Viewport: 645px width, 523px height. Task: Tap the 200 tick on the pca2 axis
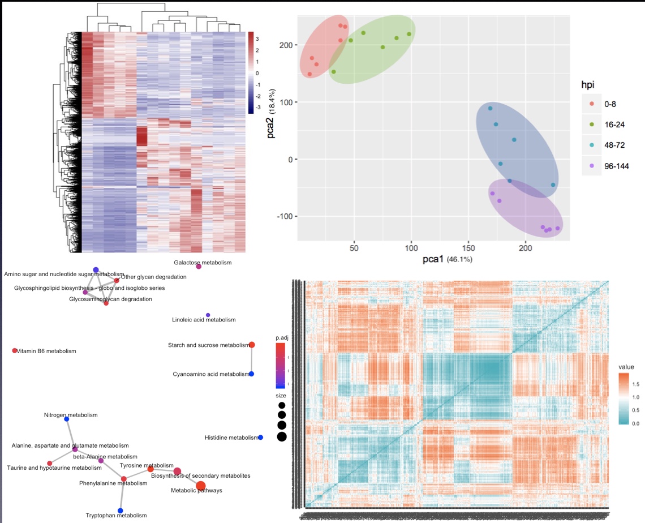(284, 45)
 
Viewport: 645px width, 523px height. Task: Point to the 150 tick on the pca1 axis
(468, 248)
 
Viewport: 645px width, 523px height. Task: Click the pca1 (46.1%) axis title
(447, 259)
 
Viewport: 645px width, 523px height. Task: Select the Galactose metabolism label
(203, 263)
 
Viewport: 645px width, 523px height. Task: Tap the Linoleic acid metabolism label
(204, 320)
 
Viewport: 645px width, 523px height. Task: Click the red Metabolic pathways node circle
(200, 485)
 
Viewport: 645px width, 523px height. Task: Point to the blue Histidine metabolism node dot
(260, 437)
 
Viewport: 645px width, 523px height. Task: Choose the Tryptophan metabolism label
(116, 515)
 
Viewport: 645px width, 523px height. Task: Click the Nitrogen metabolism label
(67, 415)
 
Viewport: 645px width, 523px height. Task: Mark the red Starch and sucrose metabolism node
(252, 345)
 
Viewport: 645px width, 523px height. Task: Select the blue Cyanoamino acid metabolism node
(251, 374)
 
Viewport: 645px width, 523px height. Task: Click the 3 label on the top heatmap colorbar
(257, 39)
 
